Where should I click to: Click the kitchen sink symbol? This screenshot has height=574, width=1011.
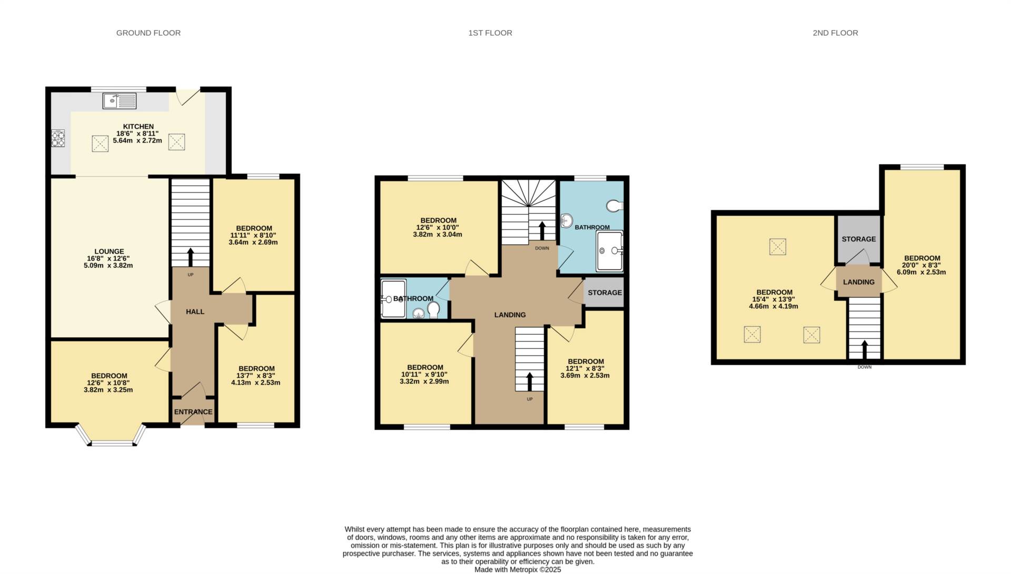[x=120, y=100]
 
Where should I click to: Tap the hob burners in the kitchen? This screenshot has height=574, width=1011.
[x=58, y=138]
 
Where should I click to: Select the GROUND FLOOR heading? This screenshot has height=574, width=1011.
[x=148, y=33]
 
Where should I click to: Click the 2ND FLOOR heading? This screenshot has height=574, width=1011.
[x=835, y=33]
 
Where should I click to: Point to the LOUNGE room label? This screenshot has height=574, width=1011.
[x=109, y=251]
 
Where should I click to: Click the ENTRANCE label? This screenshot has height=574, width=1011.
[x=193, y=412]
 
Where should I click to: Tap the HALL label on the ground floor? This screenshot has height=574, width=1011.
[x=195, y=311]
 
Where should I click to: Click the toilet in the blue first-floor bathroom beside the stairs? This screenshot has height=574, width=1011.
[x=614, y=206]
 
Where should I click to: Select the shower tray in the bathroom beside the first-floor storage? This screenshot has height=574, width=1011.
[x=609, y=251]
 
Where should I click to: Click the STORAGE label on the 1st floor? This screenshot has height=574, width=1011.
[x=604, y=293]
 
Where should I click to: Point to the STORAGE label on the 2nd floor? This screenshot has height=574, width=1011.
[x=858, y=239]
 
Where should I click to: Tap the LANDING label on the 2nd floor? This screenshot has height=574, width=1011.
[x=858, y=282]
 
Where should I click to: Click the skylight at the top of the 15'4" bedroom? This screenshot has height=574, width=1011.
[x=778, y=247]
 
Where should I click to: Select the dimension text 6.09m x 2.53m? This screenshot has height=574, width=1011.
[x=921, y=273]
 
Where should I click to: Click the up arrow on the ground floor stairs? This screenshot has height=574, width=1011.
[x=191, y=257]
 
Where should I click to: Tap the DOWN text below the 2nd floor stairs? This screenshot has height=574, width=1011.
[x=864, y=367]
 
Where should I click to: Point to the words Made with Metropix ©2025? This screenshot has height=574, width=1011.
[x=518, y=570]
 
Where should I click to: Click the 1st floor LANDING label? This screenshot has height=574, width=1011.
[x=510, y=315]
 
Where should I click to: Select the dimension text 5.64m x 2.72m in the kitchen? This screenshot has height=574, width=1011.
[x=137, y=140]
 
